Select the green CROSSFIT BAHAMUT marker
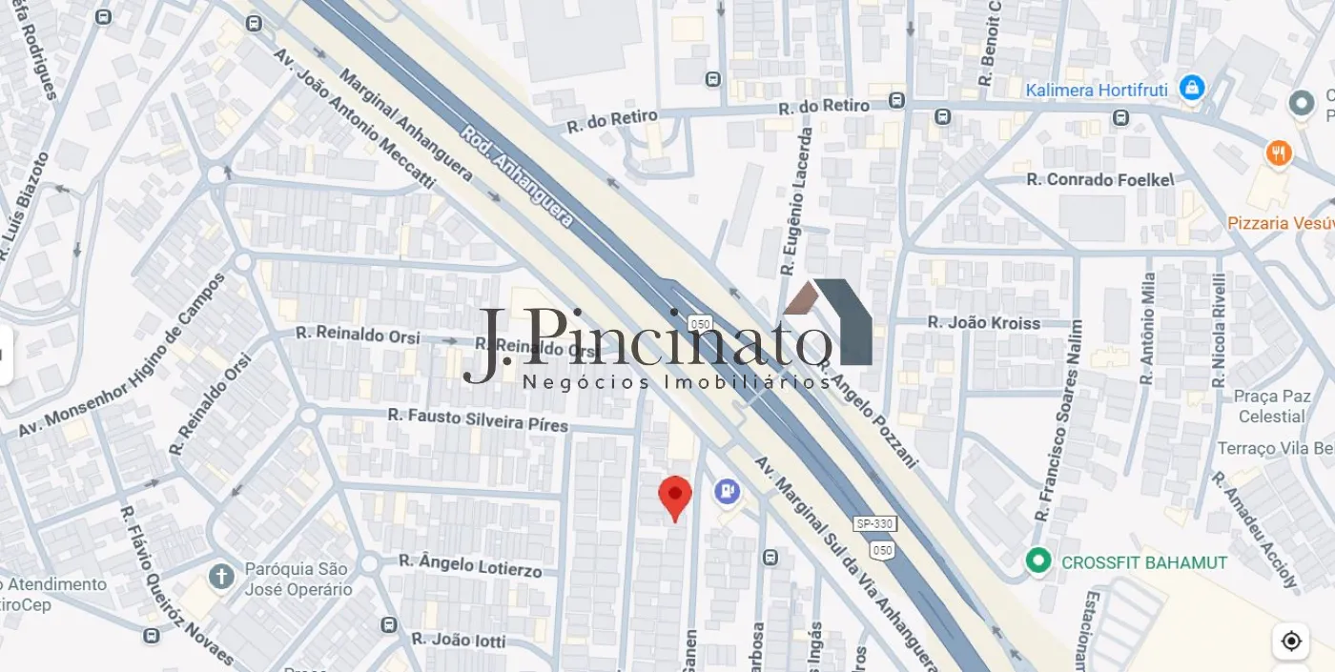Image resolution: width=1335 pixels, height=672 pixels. [x=1037, y=561]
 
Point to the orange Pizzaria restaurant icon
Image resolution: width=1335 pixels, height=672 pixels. [x=1278, y=153]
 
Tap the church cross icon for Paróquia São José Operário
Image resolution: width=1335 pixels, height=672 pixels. [x=221, y=577]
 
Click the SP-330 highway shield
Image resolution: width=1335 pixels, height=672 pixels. [x=875, y=524]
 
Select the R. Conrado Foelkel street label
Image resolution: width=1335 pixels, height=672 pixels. [x=1099, y=179]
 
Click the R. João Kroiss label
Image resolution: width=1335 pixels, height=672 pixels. [x=984, y=323]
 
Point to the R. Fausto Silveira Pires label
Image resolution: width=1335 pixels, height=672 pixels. [x=478, y=419]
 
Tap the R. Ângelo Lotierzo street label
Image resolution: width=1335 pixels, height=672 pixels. [x=470, y=565]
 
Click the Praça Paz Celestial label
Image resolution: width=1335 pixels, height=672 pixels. [x=1272, y=406]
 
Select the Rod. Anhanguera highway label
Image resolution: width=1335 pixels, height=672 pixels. [x=517, y=177]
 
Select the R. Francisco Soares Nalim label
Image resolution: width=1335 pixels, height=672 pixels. [x=1059, y=419]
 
